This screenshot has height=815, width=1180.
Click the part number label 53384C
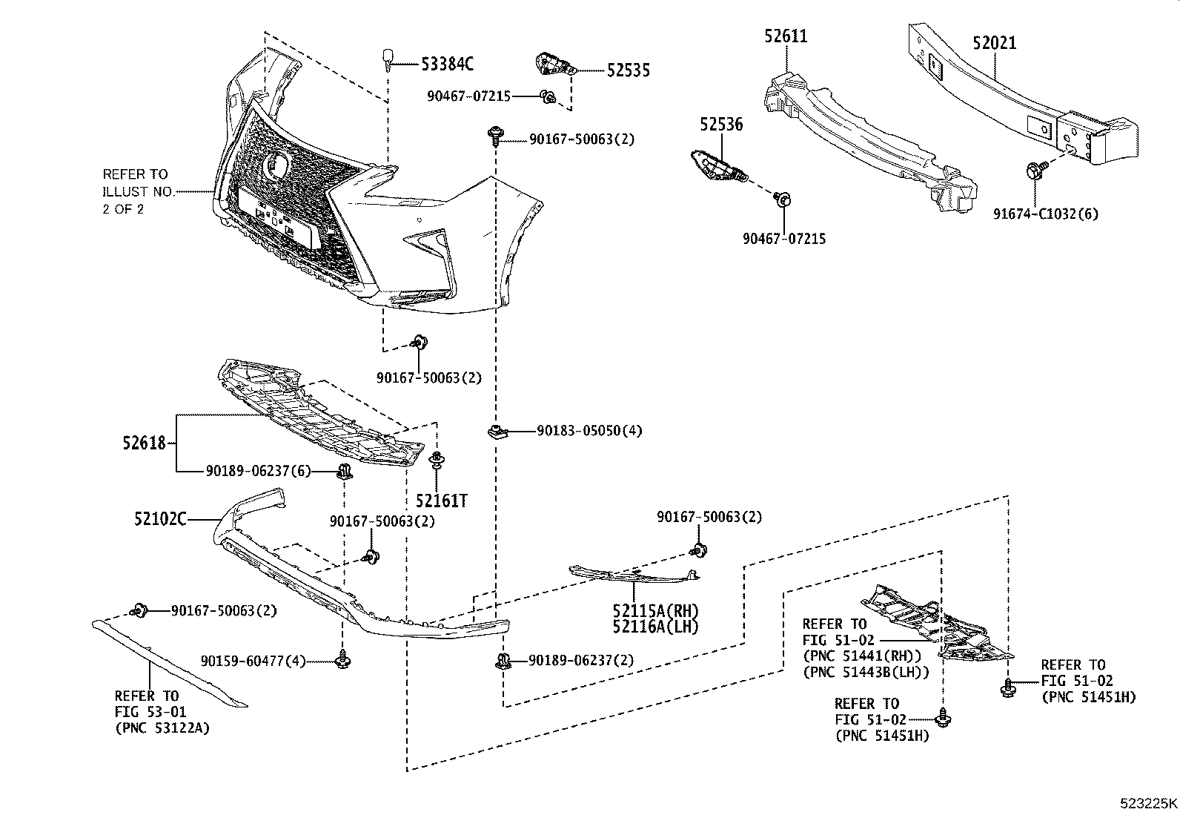[x=447, y=64]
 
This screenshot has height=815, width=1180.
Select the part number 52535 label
[x=628, y=70]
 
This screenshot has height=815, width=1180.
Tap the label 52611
[x=786, y=36]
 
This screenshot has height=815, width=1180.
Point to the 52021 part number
[x=994, y=43]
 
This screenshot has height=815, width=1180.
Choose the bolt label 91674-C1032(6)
[x=1046, y=214]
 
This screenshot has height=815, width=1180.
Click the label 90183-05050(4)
[x=589, y=431]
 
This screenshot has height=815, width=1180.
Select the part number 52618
[x=144, y=443]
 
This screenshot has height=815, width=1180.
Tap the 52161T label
[x=441, y=501]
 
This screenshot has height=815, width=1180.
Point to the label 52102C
[x=160, y=519]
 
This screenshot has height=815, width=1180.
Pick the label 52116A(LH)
[x=655, y=627]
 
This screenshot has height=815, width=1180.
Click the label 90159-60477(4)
[x=253, y=661]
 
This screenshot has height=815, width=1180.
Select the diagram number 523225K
[x=1148, y=802]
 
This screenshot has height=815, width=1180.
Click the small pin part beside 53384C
[x=388, y=58]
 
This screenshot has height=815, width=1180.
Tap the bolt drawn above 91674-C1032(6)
[x=1036, y=170]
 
